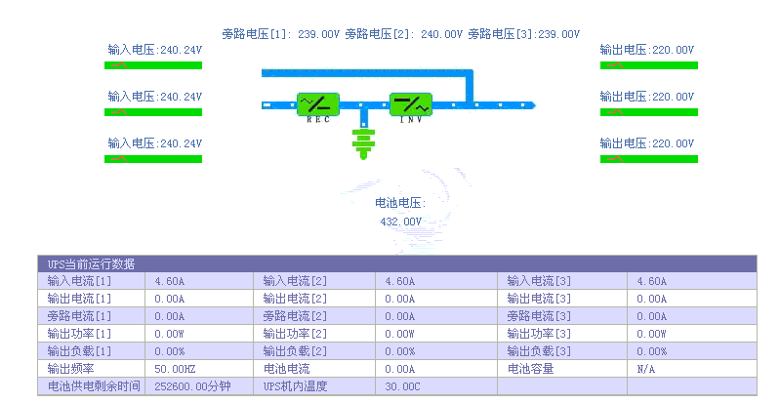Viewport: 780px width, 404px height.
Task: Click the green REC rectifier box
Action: [318, 103]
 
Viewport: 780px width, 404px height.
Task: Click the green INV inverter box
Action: [411, 103]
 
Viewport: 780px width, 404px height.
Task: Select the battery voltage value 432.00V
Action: [400, 222]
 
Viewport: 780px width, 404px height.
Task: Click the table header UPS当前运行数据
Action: [92, 263]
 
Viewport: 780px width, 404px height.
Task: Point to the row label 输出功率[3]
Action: [538, 334]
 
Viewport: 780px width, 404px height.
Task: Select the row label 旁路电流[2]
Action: [295, 316]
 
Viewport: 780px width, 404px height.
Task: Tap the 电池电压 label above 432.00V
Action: [400, 203]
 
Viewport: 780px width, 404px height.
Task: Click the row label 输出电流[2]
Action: [295, 299]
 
